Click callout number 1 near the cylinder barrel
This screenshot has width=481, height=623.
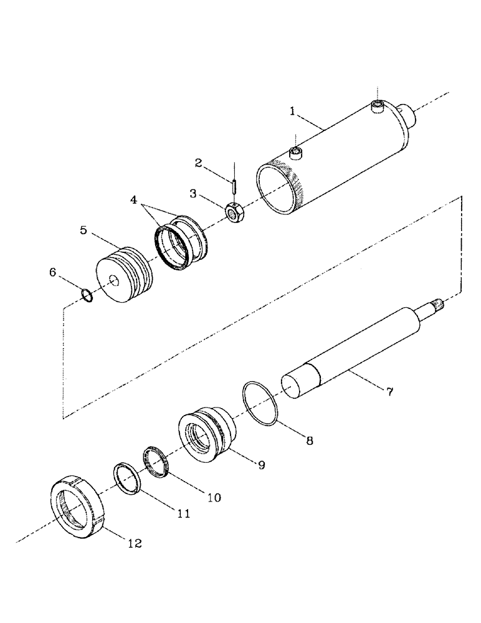[292, 112]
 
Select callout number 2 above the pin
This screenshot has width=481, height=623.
[198, 163]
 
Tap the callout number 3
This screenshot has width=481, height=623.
[194, 194]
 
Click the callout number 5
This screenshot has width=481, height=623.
[83, 230]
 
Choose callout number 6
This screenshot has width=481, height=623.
[53, 272]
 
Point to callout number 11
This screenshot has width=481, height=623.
[183, 514]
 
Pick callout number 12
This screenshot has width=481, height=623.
[135, 543]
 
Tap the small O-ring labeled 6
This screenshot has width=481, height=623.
[88, 295]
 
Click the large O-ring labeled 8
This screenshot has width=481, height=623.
[260, 404]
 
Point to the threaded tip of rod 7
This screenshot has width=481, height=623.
[443, 303]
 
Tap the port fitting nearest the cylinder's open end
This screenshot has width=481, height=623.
[296, 153]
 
